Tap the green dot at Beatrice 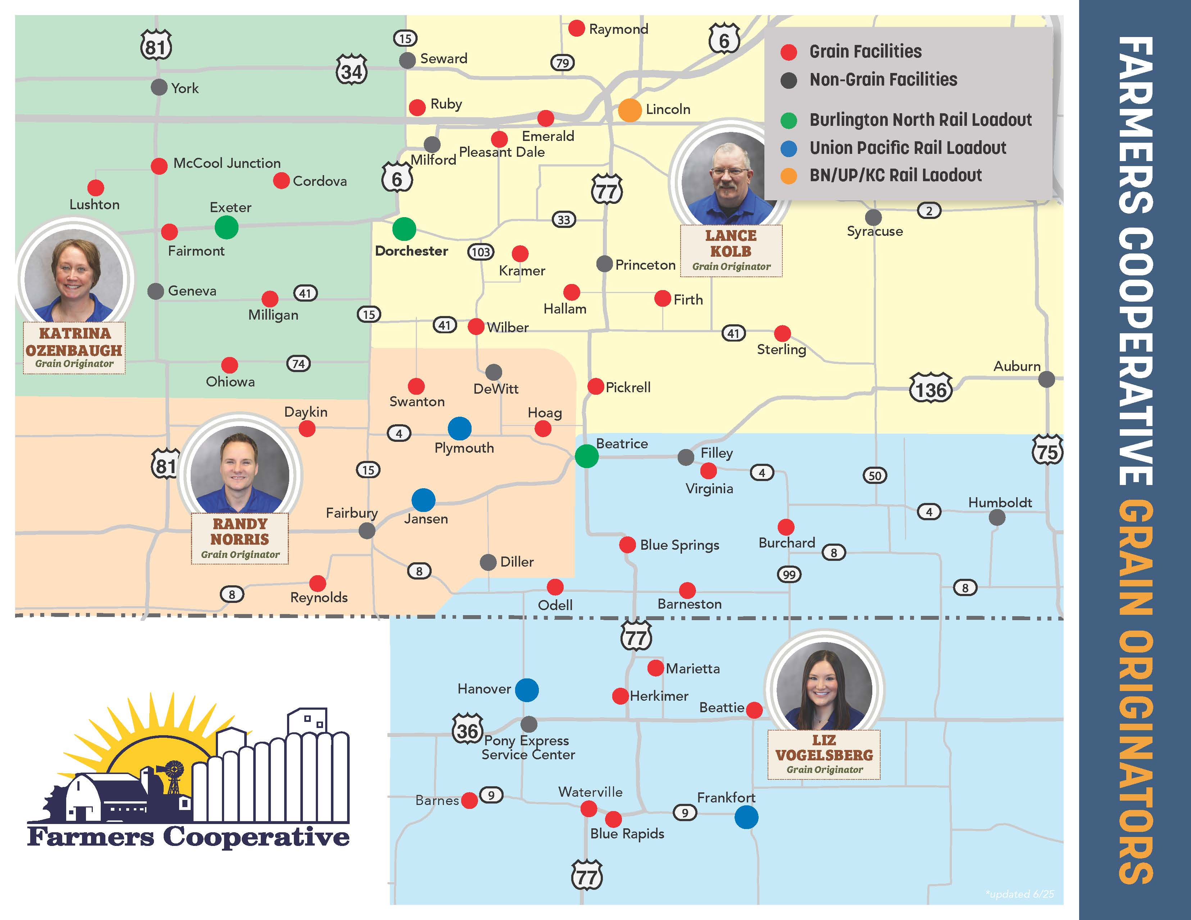(586, 456)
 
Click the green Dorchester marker (404, 229)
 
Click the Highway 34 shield (352, 71)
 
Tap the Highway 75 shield (1047, 451)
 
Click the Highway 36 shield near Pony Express (467, 730)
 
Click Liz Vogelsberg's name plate (824, 754)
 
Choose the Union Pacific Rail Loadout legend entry (908, 148)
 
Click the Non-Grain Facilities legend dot (788, 81)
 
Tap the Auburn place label (1017, 366)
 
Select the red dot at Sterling (782, 333)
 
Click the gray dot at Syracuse (873, 217)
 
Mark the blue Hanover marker (527, 690)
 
